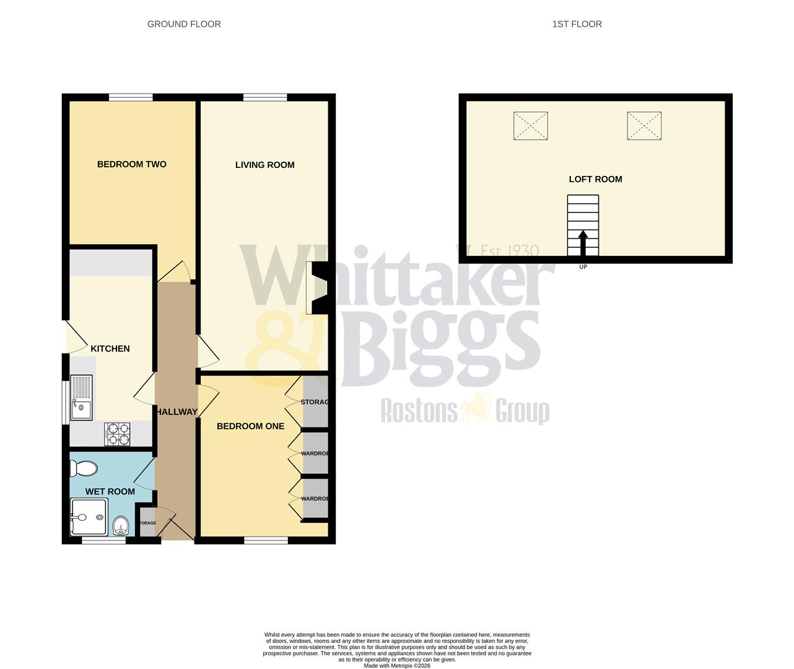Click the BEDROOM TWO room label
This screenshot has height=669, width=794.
point(131,164)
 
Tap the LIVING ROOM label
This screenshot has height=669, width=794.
point(264,165)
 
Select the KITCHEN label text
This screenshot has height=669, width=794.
point(110,349)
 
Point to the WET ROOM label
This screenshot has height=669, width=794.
point(110,492)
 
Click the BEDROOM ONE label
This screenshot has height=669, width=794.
point(250,426)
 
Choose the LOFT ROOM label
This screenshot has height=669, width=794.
point(595,179)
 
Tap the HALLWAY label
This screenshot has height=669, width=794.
point(177,412)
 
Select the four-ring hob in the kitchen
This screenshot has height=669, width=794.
point(118,434)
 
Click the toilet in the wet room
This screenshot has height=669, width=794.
point(84,469)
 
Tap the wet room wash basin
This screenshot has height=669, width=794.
point(121,527)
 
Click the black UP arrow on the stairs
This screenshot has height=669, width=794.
point(583,242)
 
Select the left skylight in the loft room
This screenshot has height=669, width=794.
point(531,126)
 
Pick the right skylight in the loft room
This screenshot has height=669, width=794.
point(644,126)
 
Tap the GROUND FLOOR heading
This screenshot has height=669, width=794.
point(184,24)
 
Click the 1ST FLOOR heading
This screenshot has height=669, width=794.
point(577,24)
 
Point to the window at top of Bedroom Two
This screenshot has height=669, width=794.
point(131,97)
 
